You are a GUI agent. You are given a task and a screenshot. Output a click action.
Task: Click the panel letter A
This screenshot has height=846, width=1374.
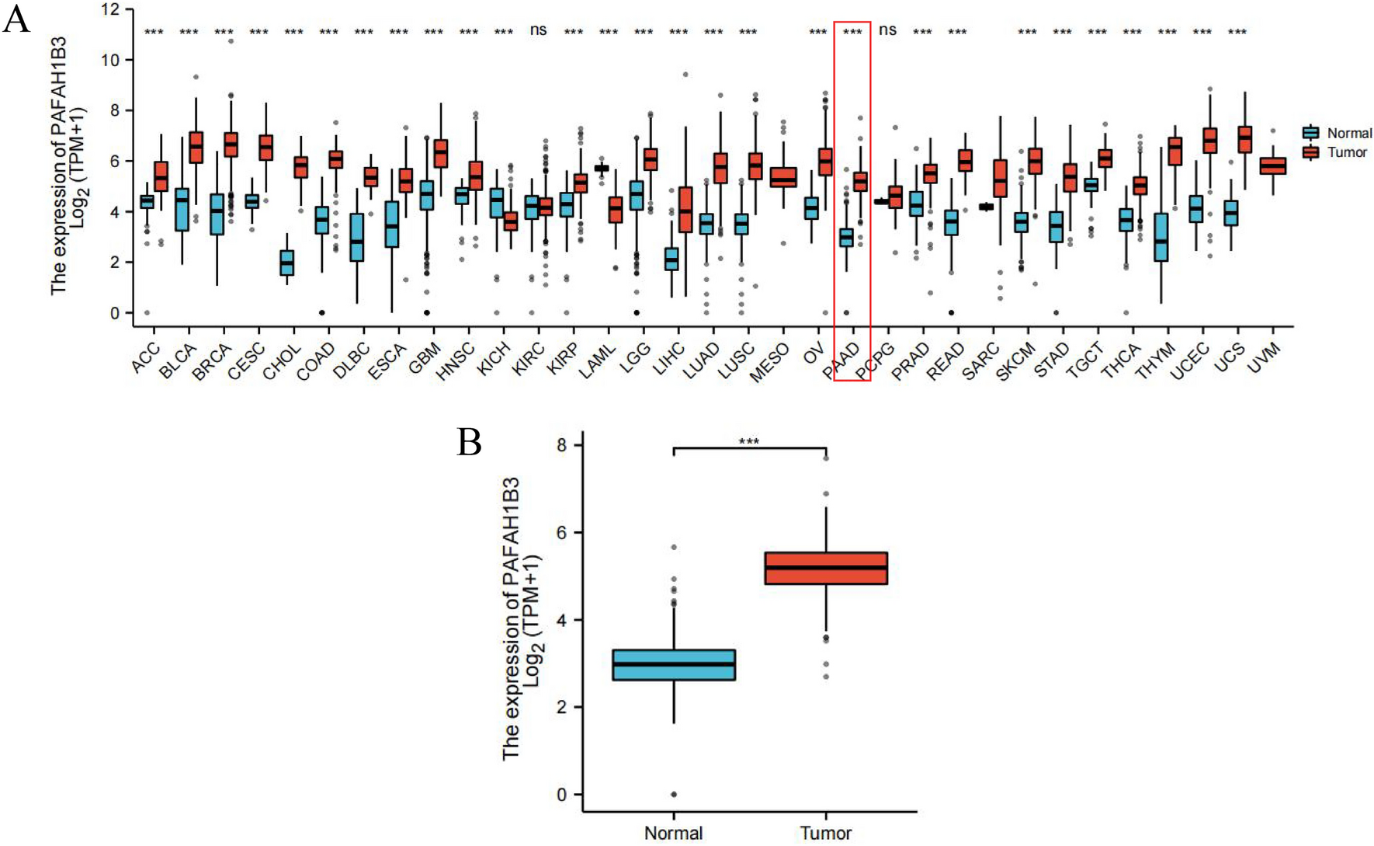tap(17, 19)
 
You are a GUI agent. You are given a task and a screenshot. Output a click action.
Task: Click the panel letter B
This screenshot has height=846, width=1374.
tap(470, 442)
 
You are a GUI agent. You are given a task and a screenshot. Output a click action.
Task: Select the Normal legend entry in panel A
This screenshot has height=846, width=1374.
tap(1348, 133)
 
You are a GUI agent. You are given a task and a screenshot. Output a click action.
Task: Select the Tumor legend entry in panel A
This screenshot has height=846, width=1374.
tap(1346, 152)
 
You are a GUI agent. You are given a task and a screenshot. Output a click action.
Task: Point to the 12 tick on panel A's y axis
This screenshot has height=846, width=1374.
tap(110, 9)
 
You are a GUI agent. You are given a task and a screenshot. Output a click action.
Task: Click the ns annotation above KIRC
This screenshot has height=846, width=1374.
tap(538, 30)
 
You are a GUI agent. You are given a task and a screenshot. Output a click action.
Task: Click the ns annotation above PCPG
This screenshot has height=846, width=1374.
tap(887, 30)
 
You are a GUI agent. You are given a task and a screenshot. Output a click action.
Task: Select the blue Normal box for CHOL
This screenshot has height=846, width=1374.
tap(287, 263)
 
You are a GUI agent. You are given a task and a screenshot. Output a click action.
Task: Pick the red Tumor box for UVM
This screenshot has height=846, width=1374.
tap(1272, 165)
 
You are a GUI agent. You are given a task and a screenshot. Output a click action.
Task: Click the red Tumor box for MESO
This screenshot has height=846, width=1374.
tap(783, 177)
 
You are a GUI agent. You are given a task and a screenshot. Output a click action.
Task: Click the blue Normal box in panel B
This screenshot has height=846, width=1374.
tap(673, 665)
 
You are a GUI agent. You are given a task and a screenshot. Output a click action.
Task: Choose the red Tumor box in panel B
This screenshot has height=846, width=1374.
tap(826, 568)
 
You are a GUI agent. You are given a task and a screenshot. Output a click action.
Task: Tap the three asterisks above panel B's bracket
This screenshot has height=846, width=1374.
tap(748, 442)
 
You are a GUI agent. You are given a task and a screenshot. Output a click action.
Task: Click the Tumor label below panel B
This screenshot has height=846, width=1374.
tap(826, 833)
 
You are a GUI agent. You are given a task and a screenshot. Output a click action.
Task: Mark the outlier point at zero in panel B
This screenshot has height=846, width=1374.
tap(673, 795)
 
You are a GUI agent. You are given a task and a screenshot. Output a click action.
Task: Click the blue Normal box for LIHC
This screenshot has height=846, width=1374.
tap(671, 259)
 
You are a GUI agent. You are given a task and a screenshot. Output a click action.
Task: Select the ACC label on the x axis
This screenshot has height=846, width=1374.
tap(145, 358)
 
